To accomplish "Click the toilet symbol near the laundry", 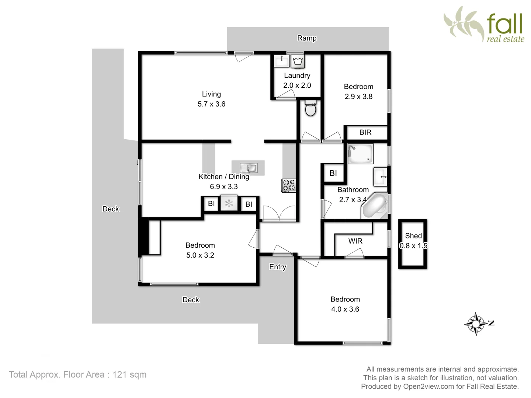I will [310, 108].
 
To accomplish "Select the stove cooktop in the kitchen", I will [288, 185].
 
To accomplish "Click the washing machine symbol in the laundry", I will [298, 62].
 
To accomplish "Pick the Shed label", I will [413, 236].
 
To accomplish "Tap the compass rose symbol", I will [476, 324].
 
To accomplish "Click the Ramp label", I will [307, 38].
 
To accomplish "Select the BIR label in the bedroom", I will [365, 132].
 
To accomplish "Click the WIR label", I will [355, 241].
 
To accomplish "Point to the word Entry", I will [277, 267].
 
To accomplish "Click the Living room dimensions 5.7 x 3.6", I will [211, 104].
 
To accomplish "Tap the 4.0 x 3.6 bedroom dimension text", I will [345, 310].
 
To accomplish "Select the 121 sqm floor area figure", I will [129, 375].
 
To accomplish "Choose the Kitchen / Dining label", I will [223, 177].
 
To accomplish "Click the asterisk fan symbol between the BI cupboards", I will [229, 203].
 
